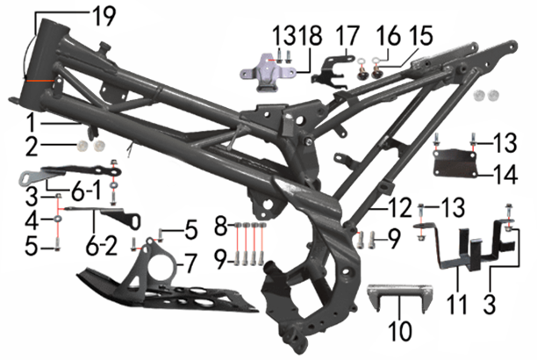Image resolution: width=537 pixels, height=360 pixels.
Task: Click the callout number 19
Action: [104, 16]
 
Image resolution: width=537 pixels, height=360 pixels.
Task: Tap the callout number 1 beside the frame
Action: [32, 124]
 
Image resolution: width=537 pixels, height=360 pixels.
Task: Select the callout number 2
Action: [32, 146]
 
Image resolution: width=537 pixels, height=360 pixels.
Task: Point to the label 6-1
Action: [86, 191]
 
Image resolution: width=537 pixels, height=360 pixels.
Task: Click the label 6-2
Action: [102, 245]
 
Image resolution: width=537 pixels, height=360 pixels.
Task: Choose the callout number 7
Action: [190, 264]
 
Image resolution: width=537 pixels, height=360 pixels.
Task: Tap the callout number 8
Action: [221, 226]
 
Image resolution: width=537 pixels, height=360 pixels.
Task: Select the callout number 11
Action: [457, 305]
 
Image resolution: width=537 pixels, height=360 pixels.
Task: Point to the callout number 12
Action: [399, 207]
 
